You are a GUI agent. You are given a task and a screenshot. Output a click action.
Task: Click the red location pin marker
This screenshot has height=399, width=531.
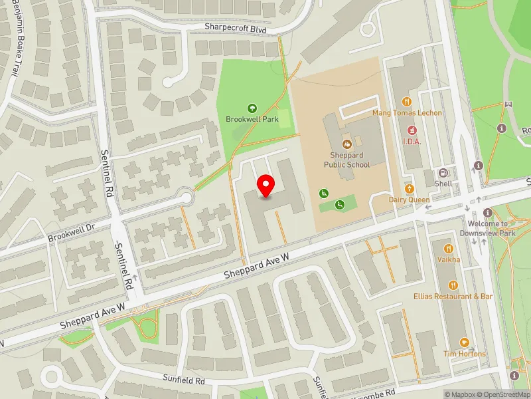click(x=266, y=186)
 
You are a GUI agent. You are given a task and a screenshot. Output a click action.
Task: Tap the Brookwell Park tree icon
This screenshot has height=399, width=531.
click(x=252, y=108)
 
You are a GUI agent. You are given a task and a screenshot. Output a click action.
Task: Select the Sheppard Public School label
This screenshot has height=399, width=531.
click(x=346, y=160)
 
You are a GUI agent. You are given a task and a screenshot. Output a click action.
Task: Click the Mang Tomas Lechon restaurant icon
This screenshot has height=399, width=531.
click(x=407, y=102)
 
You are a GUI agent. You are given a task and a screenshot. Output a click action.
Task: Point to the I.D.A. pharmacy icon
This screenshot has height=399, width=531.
click(x=412, y=130)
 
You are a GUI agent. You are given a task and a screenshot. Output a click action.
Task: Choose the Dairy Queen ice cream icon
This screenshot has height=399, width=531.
click(x=409, y=189)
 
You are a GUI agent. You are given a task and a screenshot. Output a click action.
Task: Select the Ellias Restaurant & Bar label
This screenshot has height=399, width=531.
click(x=453, y=296)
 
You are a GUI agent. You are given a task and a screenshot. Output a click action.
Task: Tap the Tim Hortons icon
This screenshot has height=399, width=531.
click(x=464, y=342)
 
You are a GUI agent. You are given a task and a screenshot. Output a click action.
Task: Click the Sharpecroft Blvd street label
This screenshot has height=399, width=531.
click(x=236, y=29)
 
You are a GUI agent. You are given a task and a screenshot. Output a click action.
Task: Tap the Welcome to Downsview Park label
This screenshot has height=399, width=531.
click(x=488, y=229)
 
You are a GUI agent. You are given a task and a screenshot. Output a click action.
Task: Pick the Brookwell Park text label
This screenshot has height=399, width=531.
click(x=252, y=119)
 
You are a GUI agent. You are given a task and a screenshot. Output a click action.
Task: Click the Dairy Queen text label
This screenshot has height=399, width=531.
click(x=409, y=199)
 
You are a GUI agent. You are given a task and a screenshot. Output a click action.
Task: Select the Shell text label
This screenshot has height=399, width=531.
click(x=443, y=184)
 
